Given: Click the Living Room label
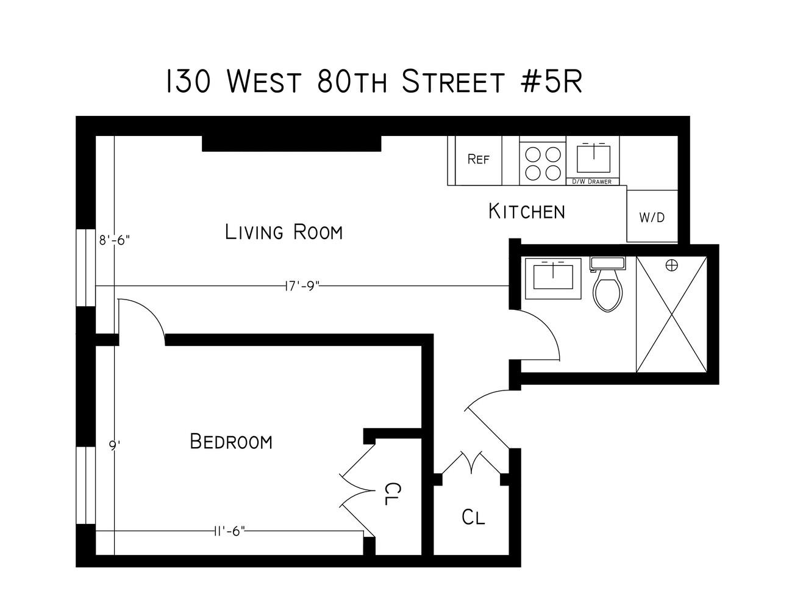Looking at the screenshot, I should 284,232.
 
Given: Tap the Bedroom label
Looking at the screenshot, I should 231,441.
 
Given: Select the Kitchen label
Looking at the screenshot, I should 527,212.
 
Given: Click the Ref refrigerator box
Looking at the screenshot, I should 479,160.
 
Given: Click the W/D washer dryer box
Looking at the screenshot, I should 652,217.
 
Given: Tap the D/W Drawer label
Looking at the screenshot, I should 591,182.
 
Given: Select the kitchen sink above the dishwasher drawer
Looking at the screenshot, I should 593,159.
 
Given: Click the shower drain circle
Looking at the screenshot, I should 672,265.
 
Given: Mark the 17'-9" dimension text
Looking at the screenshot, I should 303,286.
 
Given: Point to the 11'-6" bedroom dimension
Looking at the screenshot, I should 229,531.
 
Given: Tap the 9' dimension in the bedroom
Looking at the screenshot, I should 113,446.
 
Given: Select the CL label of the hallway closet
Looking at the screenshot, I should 473,517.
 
